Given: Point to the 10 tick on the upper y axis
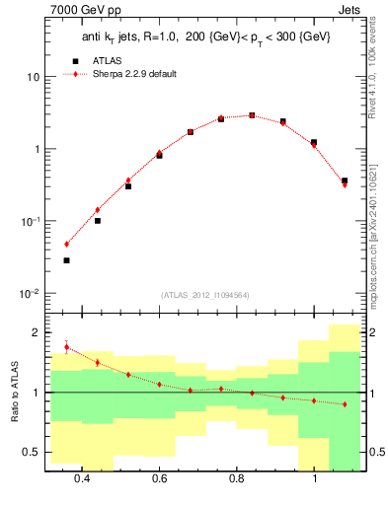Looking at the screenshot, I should click(30, 77).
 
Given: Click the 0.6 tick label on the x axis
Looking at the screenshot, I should click(160, 480).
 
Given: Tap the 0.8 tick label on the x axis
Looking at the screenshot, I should click(237, 480).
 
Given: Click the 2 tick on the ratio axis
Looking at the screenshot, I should click(33, 333).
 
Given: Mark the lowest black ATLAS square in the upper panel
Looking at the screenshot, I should click(66, 260).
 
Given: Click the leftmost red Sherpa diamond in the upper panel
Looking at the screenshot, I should click(66, 244).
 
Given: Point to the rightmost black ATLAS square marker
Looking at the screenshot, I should click(345, 180).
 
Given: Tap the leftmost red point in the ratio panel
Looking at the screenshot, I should click(66, 347).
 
